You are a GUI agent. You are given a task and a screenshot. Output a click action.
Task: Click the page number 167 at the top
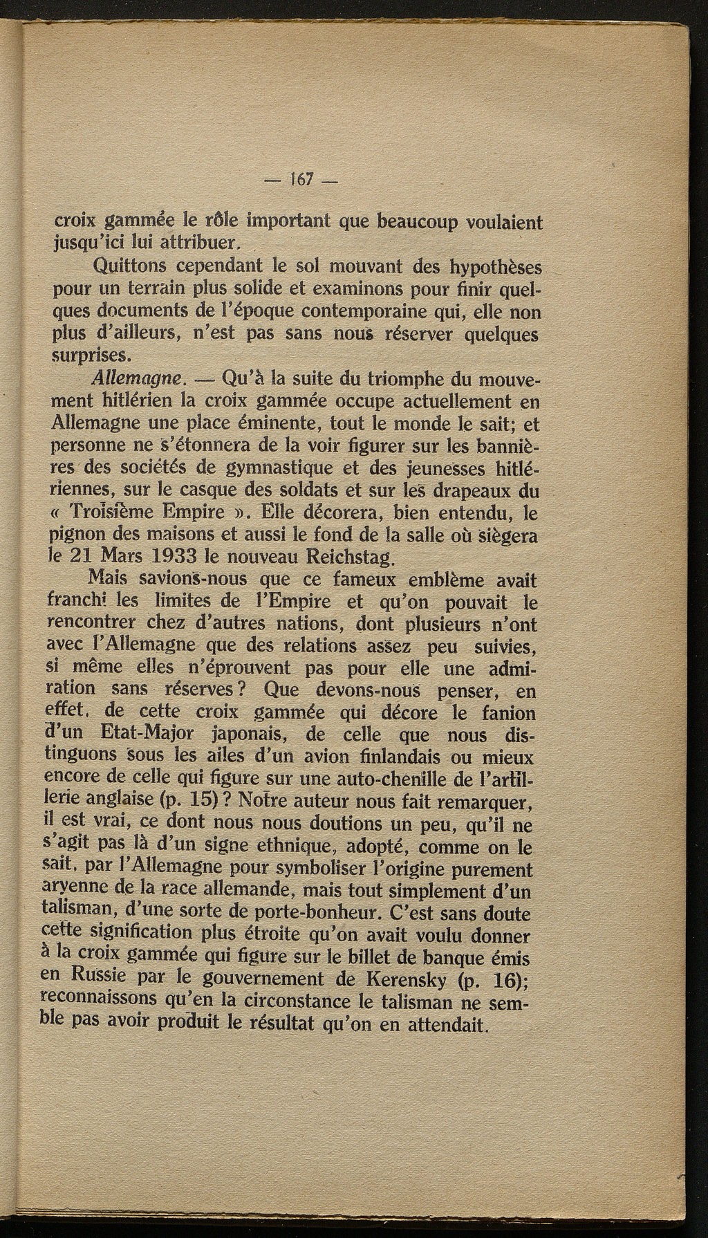point(299,180)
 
